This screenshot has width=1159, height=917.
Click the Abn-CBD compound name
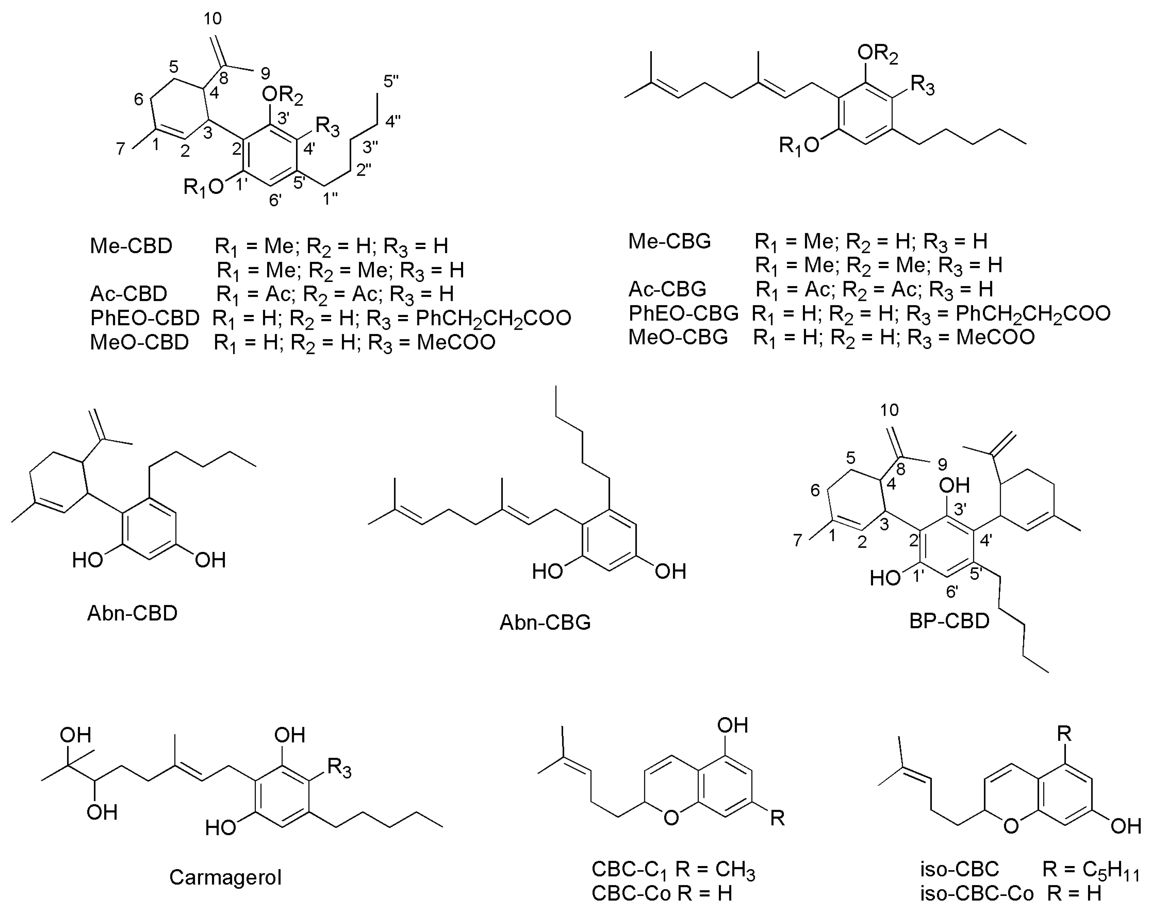click(132, 613)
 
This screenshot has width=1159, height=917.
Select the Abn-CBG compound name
click(545, 622)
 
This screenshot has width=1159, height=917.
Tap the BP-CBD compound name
click(949, 621)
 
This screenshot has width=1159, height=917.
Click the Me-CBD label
click(131, 246)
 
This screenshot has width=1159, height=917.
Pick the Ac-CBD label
click(129, 294)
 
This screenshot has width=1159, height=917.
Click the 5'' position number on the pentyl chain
click(391, 82)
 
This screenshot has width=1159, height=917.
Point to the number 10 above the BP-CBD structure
click(889, 410)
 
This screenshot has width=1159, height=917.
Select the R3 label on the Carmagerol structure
click(339, 768)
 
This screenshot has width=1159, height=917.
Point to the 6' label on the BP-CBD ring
click(952, 592)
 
